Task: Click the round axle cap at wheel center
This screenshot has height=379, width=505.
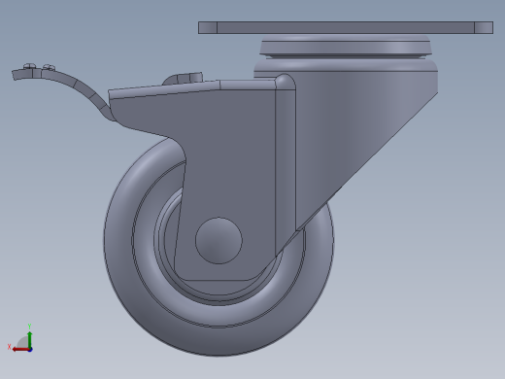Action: click(x=219, y=240)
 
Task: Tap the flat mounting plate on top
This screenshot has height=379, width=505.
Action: click(x=345, y=27)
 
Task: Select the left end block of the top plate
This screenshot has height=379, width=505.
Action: click(x=207, y=27)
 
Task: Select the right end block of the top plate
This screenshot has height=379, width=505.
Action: click(x=484, y=27)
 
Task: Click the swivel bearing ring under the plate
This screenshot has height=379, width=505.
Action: click(x=345, y=48)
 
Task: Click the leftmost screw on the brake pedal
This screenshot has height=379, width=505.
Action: click(x=29, y=67)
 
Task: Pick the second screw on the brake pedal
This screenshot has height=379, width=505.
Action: click(x=48, y=68)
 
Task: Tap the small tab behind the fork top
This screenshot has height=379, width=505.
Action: click(x=184, y=78)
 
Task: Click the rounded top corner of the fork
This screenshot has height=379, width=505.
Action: click(x=285, y=82)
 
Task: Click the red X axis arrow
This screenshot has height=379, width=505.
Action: click(x=19, y=348)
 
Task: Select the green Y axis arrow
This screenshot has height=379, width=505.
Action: click(x=30, y=337)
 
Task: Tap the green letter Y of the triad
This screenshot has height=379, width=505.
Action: click(x=30, y=327)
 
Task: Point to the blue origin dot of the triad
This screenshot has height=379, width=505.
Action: click(x=30, y=347)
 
